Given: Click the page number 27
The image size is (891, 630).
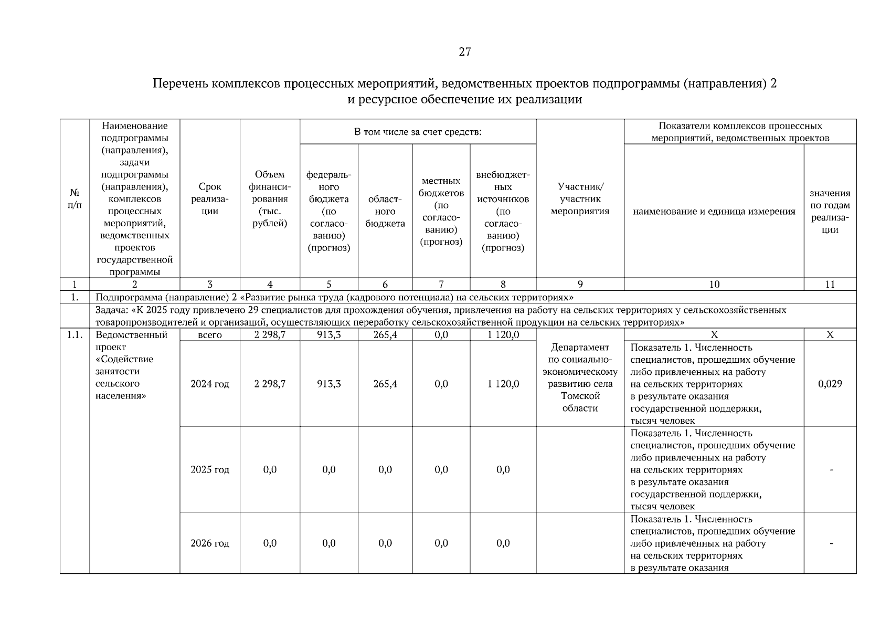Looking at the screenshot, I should click(x=465, y=52).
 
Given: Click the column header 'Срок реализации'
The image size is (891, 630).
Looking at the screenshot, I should click(x=210, y=199).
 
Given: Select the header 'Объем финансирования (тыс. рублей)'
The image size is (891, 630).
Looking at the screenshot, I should click(x=270, y=199).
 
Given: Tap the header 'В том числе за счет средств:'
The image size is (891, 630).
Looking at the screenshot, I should click(x=418, y=132).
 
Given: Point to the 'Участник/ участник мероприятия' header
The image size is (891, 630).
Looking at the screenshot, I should click(x=580, y=199).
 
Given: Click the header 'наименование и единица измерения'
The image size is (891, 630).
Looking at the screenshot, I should click(x=714, y=212).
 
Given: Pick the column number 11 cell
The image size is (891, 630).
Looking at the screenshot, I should click(x=830, y=285).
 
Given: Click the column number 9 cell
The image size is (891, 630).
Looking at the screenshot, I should click(x=580, y=285).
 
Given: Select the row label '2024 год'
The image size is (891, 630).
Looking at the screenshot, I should click(x=210, y=384).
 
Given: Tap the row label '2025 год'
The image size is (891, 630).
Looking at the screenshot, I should click(x=210, y=469).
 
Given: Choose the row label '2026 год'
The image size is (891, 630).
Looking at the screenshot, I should click(x=210, y=543).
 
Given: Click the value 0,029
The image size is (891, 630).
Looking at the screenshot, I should click(x=830, y=384).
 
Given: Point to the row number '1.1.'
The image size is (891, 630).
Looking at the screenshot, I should click(x=75, y=335).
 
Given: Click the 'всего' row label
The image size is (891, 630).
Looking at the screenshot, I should click(x=210, y=335).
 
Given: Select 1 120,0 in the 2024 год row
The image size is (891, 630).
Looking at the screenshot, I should click(x=503, y=384).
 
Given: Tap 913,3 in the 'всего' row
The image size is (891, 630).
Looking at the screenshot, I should click(x=329, y=335).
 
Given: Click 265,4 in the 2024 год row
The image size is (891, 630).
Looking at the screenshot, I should click(x=385, y=384).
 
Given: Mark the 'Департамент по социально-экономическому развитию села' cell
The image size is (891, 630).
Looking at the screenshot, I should click(x=580, y=377).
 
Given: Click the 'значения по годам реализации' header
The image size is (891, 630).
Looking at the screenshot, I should click(x=830, y=212).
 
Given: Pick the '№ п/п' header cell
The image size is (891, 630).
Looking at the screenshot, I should click(x=75, y=199).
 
